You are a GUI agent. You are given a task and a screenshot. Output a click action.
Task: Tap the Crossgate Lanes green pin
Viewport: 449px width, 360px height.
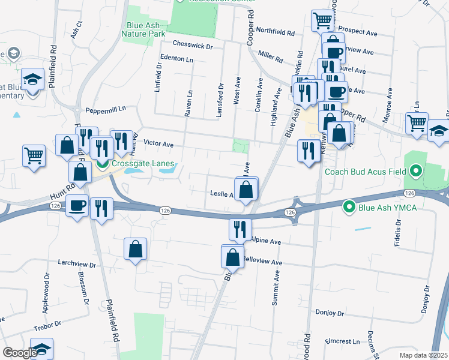tap(103, 163)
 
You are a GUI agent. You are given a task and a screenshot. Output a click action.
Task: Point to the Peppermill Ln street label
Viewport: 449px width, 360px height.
tap(106, 110)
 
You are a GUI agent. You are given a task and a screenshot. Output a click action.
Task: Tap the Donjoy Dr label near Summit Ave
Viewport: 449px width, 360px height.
tap(330, 313)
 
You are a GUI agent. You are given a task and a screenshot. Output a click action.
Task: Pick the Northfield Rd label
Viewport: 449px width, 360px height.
tap(275, 32)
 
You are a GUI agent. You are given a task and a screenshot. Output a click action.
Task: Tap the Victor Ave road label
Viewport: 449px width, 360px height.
tap(159, 144)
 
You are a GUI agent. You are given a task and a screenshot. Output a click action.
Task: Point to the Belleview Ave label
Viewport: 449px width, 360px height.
tap(265, 262)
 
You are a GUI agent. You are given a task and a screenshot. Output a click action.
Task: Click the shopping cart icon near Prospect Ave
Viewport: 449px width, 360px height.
tap(322, 20)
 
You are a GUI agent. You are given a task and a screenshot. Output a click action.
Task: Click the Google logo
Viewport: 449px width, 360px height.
tap(20, 353)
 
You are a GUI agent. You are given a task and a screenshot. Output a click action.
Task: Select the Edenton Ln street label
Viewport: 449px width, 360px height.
tap(177, 60)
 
